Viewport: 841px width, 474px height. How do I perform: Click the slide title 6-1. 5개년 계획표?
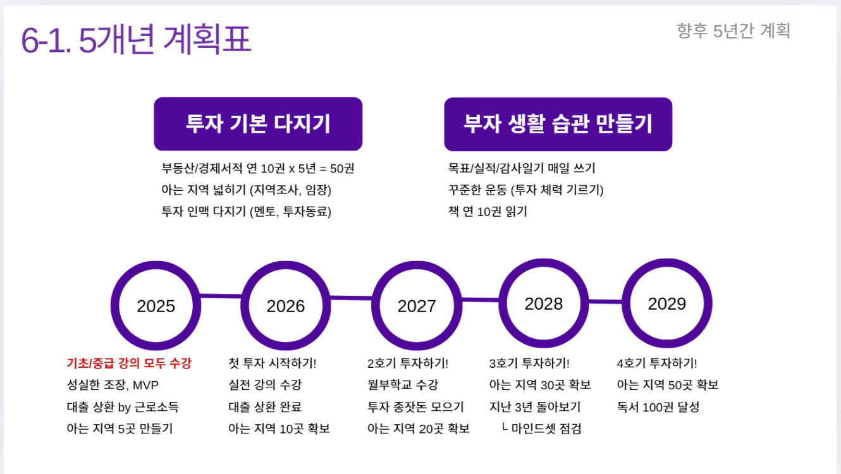pos(136,40)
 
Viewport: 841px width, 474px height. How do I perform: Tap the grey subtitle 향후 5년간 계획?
pos(733,30)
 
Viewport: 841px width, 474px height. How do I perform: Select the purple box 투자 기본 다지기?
pos(258,124)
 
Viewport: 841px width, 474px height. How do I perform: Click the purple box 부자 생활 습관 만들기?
pos(558,124)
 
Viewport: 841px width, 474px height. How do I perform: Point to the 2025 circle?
pos(156,307)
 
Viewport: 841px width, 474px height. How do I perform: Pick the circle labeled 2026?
pos(286,307)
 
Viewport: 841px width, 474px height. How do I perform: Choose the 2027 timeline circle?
pos(417,307)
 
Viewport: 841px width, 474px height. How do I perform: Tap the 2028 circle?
pos(543,304)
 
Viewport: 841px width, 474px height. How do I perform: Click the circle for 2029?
pos(666,304)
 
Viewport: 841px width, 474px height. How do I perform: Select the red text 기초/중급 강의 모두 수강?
pos(129,363)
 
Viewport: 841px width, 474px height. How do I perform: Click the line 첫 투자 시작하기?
pos(272,363)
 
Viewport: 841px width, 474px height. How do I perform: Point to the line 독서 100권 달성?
pos(658,407)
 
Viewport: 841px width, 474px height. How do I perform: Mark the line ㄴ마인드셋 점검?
pos(541,428)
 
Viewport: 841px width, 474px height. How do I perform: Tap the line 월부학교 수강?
pos(402,385)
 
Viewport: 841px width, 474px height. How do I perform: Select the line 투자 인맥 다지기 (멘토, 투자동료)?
pos(247,212)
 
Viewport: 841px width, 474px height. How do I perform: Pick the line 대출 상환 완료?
pos(265,407)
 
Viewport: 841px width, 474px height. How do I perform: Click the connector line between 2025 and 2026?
pos(221,295)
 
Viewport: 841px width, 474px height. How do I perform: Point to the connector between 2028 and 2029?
pos(605,301)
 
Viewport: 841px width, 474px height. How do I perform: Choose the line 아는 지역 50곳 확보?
pos(668,385)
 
